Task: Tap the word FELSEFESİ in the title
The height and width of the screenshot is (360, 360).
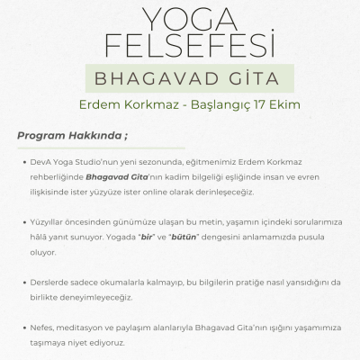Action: pos(180,45)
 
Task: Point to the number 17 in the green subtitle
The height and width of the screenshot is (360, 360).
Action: pos(265,104)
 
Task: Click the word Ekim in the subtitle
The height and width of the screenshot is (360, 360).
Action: pos(289,104)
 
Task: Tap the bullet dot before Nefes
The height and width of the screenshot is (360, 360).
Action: pos(31,327)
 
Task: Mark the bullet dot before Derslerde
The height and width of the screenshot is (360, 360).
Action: pos(31,282)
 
